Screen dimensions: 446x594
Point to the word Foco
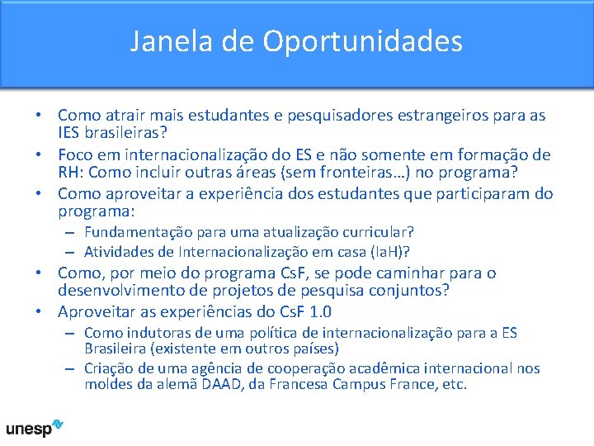[76, 154]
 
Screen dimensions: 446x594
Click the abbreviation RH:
[71, 173]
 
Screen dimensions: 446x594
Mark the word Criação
[109, 368]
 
